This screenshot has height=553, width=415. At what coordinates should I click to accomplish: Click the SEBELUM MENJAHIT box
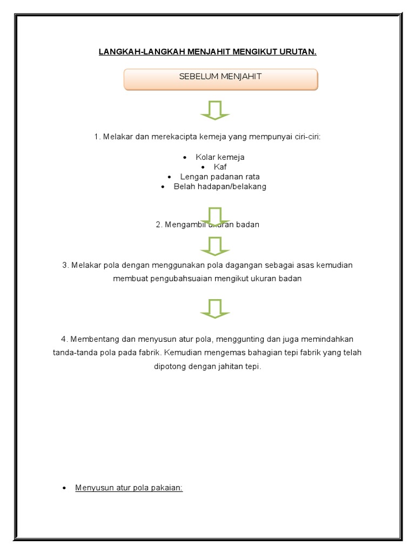220,79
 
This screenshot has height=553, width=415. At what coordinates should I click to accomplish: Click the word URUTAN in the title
294,52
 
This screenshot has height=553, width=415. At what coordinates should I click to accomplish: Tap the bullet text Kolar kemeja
220,157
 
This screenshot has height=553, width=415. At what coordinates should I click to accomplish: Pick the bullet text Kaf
220,167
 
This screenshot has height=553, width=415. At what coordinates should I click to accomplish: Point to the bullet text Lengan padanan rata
220,177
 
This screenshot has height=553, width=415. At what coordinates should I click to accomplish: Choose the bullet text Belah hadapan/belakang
220,186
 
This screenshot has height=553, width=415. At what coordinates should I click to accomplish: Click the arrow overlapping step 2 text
215,216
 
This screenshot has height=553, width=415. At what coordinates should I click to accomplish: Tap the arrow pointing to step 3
215,246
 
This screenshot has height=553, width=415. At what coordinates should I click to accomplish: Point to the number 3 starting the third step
64,265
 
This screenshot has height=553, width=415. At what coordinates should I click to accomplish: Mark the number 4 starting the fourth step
63,339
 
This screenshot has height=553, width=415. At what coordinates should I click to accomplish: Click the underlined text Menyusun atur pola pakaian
129,488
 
